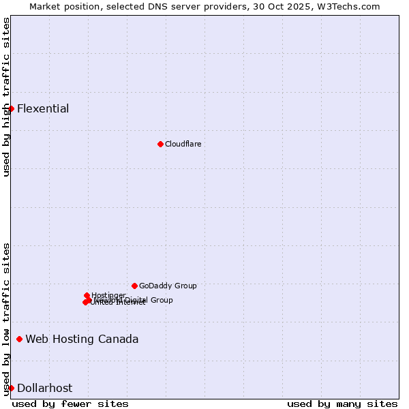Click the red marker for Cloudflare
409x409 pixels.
[x=160, y=144]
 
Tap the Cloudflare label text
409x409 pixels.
[x=183, y=144]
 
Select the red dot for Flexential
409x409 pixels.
[x=11, y=108]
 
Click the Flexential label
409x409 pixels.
[x=43, y=108]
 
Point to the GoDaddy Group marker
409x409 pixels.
[x=134, y=286]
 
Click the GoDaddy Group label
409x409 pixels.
[x=168, y=286]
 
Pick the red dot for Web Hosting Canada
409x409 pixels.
[x=19, y=339]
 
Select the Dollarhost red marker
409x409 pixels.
[x=11, y=388]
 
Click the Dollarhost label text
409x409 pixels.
[x=44, y=388]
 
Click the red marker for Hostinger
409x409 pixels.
[x=87, y=295]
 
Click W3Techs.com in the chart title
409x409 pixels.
[x=351, y=6]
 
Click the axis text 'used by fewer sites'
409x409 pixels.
[x=70, y=404]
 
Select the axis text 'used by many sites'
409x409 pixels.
[x=342, y=404]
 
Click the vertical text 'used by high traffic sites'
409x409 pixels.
[x=6, y=97]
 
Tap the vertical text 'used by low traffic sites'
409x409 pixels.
[x=6, y=318]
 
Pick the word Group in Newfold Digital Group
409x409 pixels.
[x=162, y=300]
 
